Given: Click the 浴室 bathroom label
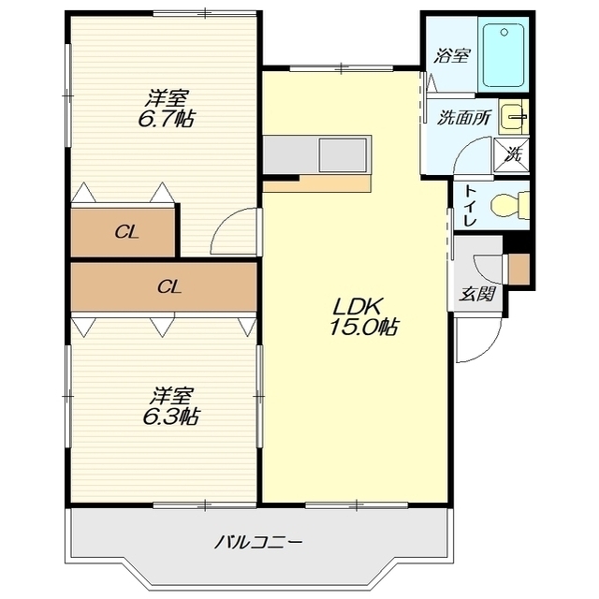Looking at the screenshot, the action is click(x=451, y=56).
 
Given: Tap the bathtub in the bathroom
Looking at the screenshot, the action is click(x=504, y=54).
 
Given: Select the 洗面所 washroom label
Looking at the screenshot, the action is click(x=464, y=118).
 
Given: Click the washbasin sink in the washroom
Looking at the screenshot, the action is click(x=514, y=116).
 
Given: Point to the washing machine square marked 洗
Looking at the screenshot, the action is click(x=512, y=155).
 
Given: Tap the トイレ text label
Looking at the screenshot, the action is click(x=469, y=205).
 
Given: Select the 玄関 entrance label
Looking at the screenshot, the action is click(x=477, y=294).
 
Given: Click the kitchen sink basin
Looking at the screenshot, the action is click(x=343, y=155).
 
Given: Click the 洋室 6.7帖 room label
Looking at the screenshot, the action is click(x=166, y=109).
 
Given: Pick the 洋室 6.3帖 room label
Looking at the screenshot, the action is click(x=170, y=406).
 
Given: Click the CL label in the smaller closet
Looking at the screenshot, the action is click(x=127, y=232).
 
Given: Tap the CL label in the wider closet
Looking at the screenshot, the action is click(x=169, y=286).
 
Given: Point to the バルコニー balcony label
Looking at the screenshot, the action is click(x=258, y=542).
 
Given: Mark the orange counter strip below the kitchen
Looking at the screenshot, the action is click(x=317, y=183).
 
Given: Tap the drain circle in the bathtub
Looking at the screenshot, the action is click(x=504, y=33).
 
